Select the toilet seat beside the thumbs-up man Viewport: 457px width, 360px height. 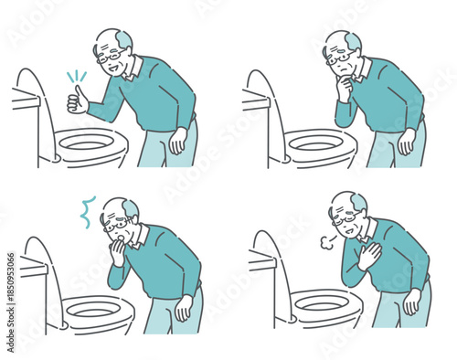click(89, 144)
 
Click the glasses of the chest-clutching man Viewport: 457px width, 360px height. click(345, 218)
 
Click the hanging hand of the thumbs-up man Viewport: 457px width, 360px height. click(179, 139)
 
